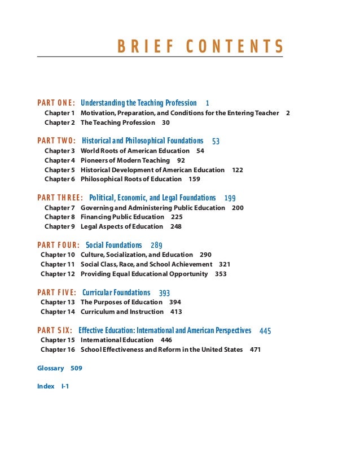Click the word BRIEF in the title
(146, 46)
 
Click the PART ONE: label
(56, 103)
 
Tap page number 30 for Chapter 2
(166, 123)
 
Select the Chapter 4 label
(60, 160)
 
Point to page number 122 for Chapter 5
(238, 170)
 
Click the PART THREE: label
(60, 198)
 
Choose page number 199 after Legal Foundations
(230, 198)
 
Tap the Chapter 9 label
(60, 226)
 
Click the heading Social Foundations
(114, 245)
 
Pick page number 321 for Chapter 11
(225, 264)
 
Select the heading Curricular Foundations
(116, 292)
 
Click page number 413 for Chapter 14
(177, 312)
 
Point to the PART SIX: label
(55, 330)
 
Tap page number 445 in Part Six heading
(265, 331)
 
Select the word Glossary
(51, 368)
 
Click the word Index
(46, 386)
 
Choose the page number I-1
(65, 386)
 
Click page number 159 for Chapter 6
(194, 179)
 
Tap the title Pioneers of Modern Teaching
(125, 160)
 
